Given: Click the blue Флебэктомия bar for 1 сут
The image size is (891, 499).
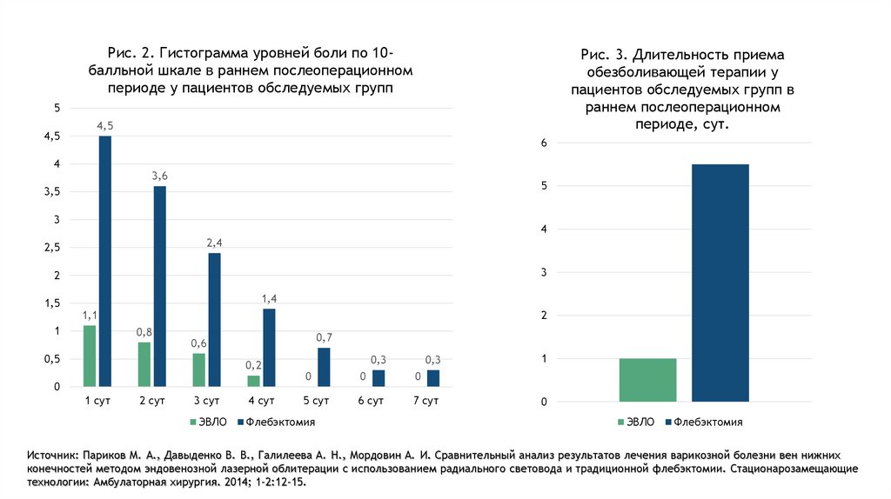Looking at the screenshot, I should point(105,261).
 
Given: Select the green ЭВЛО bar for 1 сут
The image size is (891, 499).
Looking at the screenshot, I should point(90,356).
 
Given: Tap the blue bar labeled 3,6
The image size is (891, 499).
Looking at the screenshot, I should point(159,286).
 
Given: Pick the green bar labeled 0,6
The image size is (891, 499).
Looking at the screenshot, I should point(198,369).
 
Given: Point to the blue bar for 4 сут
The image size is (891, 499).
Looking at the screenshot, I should point(269,348).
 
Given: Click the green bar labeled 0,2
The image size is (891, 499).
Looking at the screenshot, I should point(253,381).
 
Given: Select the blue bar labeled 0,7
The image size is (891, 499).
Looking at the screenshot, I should point(324,367).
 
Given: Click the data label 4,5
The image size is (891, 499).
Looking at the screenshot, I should point(105,126).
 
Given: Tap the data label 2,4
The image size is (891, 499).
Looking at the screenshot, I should point(214,243).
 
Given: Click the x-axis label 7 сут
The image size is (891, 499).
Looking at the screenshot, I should point(425,401).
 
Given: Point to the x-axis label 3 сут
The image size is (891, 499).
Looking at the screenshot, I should point(207,401).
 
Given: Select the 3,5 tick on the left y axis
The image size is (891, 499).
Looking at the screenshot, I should point(51,192).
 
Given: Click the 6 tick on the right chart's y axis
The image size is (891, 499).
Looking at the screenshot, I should point(543,143).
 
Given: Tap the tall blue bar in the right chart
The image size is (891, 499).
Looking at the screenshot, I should point(720,283).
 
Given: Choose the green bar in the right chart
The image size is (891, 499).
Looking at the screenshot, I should point(647,380).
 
